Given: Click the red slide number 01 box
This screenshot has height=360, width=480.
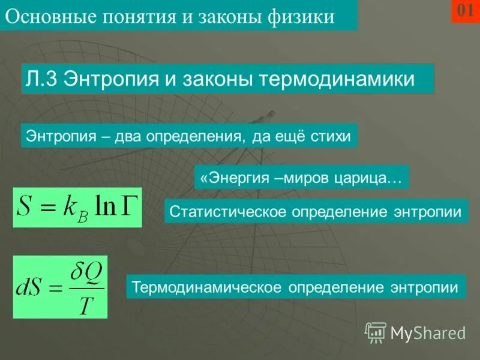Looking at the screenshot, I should [466, 11].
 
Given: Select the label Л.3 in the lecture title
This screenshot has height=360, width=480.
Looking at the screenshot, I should [41, 79].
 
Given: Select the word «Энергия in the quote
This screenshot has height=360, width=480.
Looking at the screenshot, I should [230, 178].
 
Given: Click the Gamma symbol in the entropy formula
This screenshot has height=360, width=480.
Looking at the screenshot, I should [128, 206].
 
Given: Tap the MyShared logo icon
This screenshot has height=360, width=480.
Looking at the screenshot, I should [376, 332].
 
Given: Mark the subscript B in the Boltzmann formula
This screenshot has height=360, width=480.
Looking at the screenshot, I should [82, 216].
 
